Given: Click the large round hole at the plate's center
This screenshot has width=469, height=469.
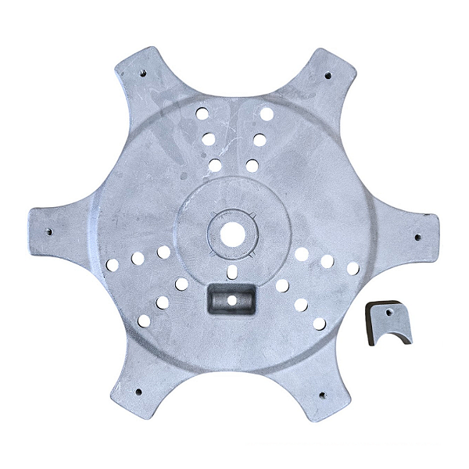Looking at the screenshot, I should click(x=232, y=233).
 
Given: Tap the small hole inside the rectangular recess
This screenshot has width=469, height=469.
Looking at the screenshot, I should click(x=231, y=299).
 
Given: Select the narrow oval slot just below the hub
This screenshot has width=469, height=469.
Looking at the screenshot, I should click(x=231, y=271).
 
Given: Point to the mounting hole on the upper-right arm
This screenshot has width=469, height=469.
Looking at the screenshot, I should click(x=327, y=76).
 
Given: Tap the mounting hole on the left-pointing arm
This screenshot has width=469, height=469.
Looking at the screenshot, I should click(x=49, y=232).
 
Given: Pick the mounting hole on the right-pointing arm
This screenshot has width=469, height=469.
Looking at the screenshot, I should click(x=416, y=237).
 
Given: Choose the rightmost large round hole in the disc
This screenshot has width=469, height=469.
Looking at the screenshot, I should click(x=353, y=268).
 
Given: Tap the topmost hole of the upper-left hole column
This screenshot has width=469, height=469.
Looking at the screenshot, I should click(x=202, y=113).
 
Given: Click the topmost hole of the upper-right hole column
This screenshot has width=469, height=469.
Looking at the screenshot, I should click(x=267, y=114).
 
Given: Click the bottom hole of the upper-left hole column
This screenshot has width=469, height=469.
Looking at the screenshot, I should click(x=215, y=165).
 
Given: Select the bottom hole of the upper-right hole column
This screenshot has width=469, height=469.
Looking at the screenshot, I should click(x=252, y=166).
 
